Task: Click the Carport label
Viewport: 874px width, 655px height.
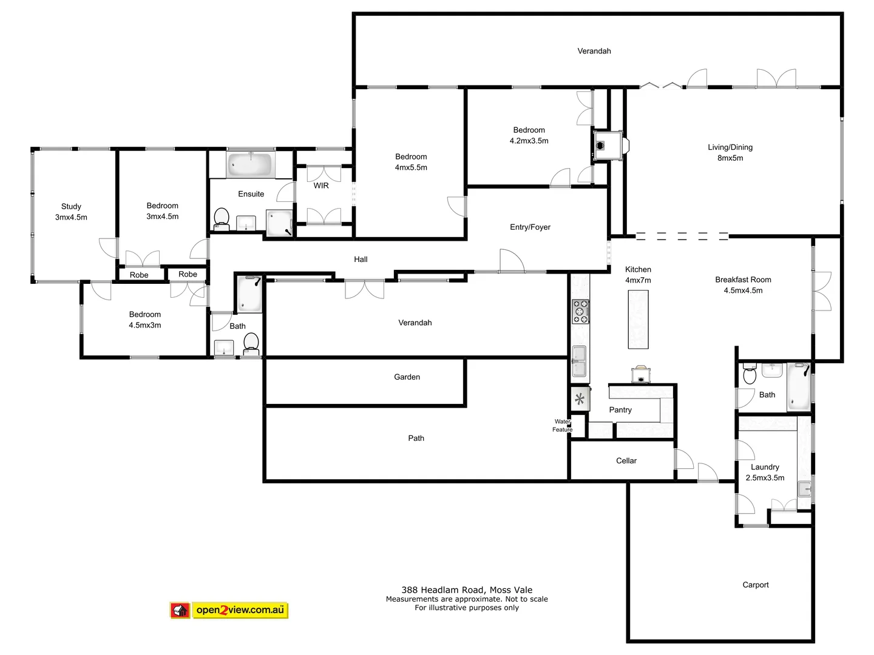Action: point(755,585)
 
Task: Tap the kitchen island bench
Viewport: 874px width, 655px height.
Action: point(638,319)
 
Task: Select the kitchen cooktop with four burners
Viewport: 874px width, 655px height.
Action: point(580,311)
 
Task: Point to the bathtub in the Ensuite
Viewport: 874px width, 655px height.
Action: point(251,164)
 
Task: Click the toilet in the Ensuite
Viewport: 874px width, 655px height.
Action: point(222,218)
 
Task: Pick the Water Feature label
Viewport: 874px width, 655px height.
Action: point(562,425)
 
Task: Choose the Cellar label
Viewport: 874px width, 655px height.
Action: point(626,461)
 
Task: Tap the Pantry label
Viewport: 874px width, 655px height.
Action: point(620,410)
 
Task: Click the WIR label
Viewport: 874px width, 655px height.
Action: point(321,186)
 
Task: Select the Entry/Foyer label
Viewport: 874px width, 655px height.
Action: point(530,227)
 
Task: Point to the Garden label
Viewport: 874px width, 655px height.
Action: point(407,377)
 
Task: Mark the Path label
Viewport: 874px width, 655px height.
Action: point(416,438)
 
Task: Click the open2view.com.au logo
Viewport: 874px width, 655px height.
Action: point(229,610)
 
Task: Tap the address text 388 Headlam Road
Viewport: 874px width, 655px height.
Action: point(467,589)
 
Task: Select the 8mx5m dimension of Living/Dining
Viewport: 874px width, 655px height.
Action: point(730,158)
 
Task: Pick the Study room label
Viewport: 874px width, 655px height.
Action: point(71,206)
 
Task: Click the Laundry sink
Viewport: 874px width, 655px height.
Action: point(804,488)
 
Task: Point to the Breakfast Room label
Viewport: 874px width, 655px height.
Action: point(743,280)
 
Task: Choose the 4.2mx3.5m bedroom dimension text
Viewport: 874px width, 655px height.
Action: point(529,141)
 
